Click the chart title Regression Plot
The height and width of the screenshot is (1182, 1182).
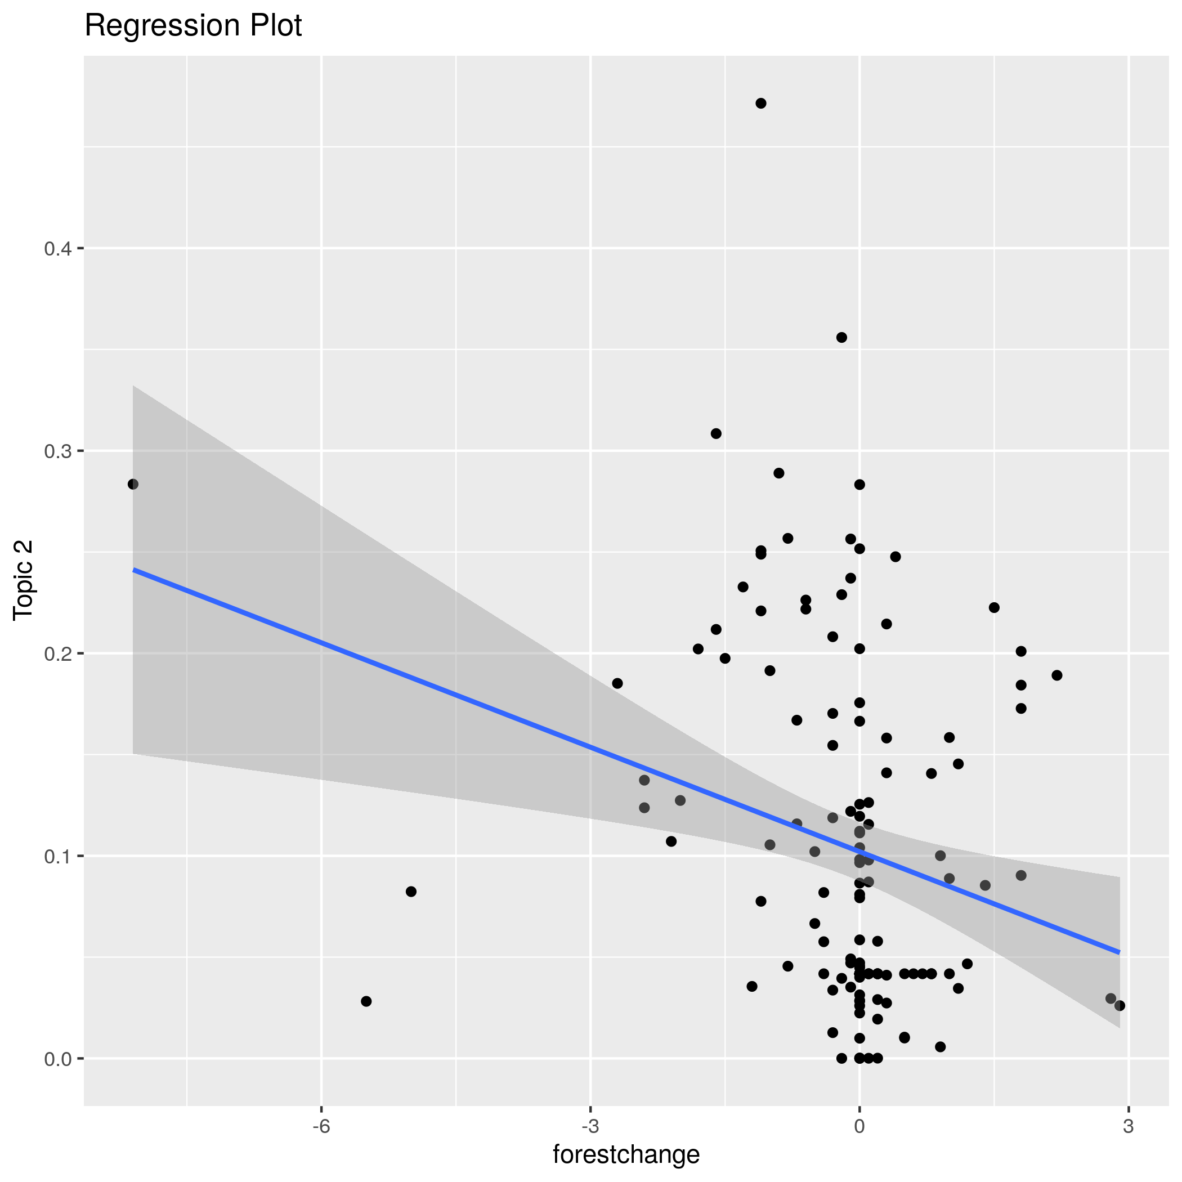click(x=192, y=26)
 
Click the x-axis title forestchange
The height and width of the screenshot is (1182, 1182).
click(x=626, y=1154)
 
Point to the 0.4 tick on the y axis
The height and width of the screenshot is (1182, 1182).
click(x=57, y=248)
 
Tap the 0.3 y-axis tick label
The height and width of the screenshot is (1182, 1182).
click(x=57, y=451)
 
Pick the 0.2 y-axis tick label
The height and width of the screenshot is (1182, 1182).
click(x=57, y=653)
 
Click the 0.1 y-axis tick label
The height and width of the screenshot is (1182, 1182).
click(x=57, y=856)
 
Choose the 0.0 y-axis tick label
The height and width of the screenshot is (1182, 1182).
click(x=57, y=1058)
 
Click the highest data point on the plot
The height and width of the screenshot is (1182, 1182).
click(x=761, y=104)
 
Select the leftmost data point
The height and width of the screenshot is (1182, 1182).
click(x=133, y=484)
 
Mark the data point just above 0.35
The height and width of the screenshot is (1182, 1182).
click(x=842, y=337)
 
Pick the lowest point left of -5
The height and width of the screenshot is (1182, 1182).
click(x=366, y=1001)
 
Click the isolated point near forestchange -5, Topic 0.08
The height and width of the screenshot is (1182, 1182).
click(x=411, y=892)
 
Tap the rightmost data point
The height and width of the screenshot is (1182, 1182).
click(x=1120, y=1006)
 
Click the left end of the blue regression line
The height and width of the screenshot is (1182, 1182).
click(x=133, y=570)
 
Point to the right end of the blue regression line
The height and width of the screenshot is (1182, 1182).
click(x=1120, y=952)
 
